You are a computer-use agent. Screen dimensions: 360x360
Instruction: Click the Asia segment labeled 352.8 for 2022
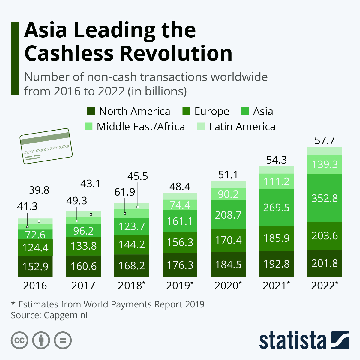[325, 198]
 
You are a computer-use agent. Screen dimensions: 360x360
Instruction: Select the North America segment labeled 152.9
[35, 266]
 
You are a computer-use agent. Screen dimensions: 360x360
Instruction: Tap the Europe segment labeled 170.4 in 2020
[228, 240]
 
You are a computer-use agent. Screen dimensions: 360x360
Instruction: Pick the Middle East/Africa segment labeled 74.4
[180, 205]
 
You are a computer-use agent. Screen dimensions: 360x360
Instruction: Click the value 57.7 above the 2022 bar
[325, 140]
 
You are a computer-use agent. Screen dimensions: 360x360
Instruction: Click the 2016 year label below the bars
[35, 286]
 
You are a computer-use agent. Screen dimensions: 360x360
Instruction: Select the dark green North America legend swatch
[91, 111]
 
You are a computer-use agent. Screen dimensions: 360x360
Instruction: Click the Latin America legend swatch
[201, 127]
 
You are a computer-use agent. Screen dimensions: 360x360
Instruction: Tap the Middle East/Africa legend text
[141, 127]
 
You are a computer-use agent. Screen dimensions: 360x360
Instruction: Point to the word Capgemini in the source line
[66, 315]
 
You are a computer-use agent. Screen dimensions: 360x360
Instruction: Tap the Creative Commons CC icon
[20, 340]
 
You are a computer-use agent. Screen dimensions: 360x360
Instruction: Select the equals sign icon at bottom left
[63, 340]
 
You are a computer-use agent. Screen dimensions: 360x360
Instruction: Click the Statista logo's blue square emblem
[340, 340]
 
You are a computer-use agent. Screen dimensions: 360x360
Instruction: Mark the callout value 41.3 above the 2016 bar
[27, 206]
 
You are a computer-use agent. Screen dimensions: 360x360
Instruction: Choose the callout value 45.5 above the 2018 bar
[138, 176]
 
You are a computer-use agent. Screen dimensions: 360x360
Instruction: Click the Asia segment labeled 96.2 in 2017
[83, 231]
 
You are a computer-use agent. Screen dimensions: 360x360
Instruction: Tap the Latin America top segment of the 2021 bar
[276, 170]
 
